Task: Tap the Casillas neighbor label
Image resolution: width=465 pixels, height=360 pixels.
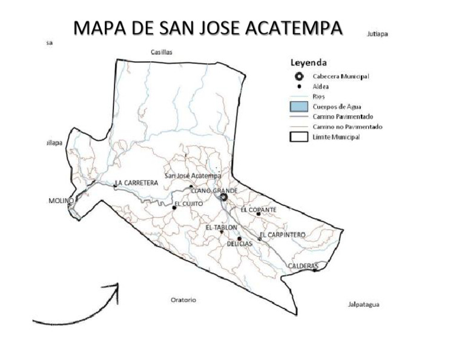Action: pos(161,52)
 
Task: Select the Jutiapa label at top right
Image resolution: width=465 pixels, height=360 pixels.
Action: pos(377,34)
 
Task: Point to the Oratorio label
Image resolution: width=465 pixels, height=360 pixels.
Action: pos(183,300)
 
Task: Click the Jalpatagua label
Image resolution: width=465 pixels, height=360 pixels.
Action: pos(363,304)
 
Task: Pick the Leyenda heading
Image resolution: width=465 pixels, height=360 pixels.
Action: pos(309,62)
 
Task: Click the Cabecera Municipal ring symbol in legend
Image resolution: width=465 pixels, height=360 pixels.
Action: pos(298,76)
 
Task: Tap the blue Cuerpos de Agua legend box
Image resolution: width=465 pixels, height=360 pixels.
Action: pos(298,106)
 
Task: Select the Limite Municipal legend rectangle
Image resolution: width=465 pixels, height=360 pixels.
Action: pos(298,137)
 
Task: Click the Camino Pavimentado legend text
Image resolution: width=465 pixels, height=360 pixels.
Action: pos(343,116)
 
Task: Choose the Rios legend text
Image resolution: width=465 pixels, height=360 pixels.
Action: pos(319,96)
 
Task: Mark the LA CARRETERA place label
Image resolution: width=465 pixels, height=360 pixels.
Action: pos(137,182)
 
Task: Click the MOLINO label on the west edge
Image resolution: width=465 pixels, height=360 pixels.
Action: pos(61,201)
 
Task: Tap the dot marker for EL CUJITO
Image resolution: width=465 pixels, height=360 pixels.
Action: pos(174,207)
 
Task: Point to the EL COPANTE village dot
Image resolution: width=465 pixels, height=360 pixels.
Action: pos(259,213)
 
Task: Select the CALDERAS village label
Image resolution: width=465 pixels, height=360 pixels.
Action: pos(303,266)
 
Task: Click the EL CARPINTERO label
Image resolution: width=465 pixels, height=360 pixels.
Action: pos(282,235)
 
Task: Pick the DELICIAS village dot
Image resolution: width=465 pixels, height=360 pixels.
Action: pos(240,239)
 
